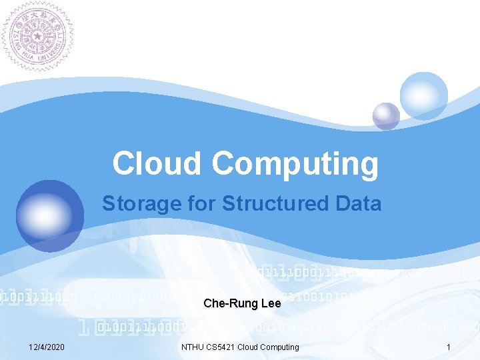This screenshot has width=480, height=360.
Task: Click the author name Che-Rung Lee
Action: click(242, 304)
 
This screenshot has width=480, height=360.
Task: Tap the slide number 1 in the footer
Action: click(449, 347)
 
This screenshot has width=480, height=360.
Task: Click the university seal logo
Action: click(37, 35)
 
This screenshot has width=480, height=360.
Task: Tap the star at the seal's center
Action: click(37, 35)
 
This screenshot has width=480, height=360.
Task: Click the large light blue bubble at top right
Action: click(423, 95)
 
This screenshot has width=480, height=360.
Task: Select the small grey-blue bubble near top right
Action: click(386, 116)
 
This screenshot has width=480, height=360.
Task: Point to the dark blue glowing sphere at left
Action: click(47, 213)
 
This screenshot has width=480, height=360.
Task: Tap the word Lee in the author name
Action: click(271, 304)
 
